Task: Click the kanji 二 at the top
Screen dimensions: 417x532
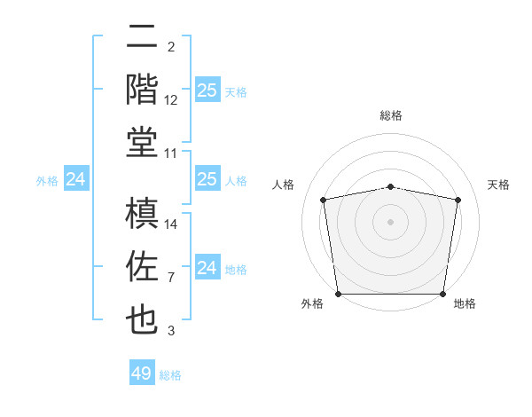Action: point(142,39)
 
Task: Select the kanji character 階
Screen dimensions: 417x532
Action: point(142,89)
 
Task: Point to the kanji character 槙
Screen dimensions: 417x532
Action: point(142,214)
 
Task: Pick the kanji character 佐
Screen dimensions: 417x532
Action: point(142,267)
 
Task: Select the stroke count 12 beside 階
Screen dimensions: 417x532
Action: point(171,101)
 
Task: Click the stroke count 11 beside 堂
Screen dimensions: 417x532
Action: point(171,153)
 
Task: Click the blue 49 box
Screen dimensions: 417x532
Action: point(142,374)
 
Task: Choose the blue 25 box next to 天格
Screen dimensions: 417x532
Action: point(207,90)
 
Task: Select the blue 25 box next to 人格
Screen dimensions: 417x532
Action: point(207,179)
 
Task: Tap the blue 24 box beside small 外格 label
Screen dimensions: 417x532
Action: point(75,180)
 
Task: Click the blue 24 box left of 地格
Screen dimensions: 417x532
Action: point(207,268)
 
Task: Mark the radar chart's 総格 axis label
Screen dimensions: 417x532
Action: point(391,115)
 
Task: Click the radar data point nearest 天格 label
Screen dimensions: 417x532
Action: point(458,200)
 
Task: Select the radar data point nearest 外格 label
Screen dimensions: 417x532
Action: point(338,294)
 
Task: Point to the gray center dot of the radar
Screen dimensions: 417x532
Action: point(391,221)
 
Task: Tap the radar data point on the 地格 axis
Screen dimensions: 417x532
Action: point(443,294)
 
